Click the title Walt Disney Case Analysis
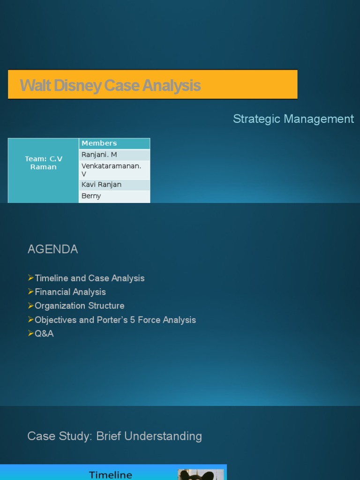pos(110,86)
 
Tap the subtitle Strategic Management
pos(293,119)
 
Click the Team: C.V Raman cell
pos(43,163)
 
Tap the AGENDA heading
pos(52,249)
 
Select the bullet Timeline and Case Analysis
pos(90,278)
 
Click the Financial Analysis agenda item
pos(70,292)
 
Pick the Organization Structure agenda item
pos(79,306)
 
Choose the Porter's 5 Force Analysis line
pos(115,320)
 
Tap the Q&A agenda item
pos(44,334)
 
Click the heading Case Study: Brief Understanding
pos(114,436)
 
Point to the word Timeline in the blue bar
pos(111,475)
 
